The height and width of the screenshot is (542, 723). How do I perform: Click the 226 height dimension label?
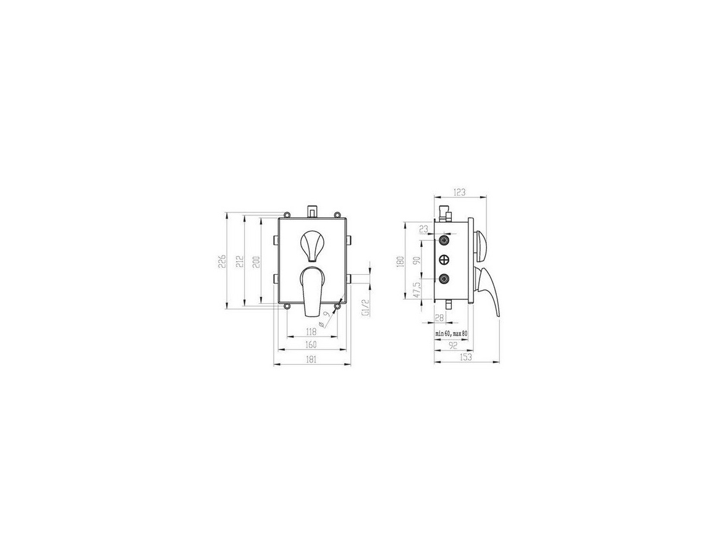click(221, 261)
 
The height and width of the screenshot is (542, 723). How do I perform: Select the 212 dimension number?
click(239, 261)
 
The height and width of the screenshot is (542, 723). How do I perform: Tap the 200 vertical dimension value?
click(257, 261)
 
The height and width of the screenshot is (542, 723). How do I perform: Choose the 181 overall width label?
click(311, 360)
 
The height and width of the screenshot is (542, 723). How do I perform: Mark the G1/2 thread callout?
click(364, 307)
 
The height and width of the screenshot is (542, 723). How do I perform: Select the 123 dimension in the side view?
click(460, 192)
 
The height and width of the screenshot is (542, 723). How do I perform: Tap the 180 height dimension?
click(400, 261)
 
